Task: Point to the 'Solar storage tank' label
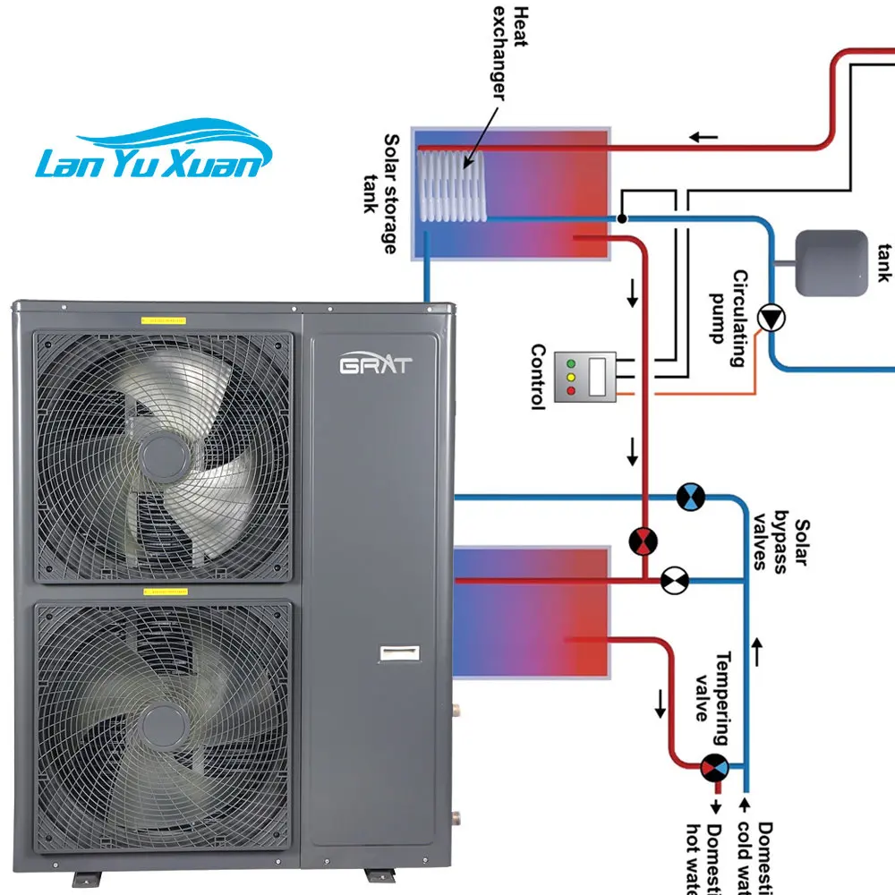[x=379, y=193]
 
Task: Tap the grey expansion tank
[x=831, y=263]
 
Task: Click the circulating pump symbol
[x=770, y=319]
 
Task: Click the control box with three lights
[x=585, y=376]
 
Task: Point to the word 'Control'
[x=538, y=377]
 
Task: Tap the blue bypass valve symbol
[x=690, y=497]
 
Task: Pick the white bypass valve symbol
[x=672, y=580]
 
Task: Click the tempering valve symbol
[x=714, y=767]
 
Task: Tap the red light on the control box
[x=570, y=391]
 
